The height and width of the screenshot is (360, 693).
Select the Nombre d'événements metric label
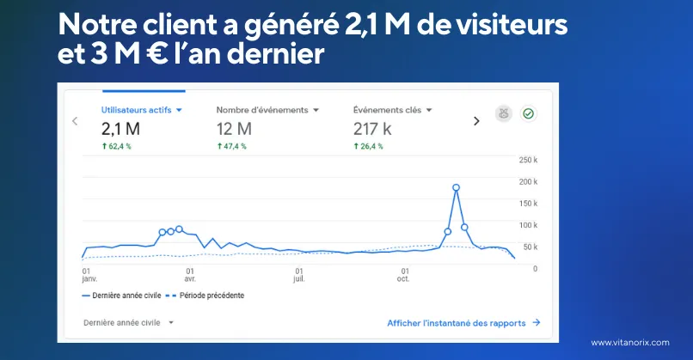coord(267,110)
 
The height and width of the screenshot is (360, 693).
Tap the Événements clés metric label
coord(392,110)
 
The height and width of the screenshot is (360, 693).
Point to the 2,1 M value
coord(120,129)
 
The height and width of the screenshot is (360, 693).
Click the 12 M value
coord(234,129)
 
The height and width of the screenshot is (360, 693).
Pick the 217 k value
coord(372,129)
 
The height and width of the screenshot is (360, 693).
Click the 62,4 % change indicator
coord(119,147)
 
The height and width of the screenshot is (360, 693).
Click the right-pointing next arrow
coord(476,121)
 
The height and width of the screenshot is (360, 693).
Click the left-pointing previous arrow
coord(75,121)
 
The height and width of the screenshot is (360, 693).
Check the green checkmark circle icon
coord(529,113)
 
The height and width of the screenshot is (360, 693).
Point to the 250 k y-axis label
coord(529,160)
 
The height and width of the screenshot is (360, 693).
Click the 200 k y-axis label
coord(529,181)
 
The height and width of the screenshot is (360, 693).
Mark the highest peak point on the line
coord(456,187)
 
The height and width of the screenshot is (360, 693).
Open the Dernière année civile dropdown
coord(128,322)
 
